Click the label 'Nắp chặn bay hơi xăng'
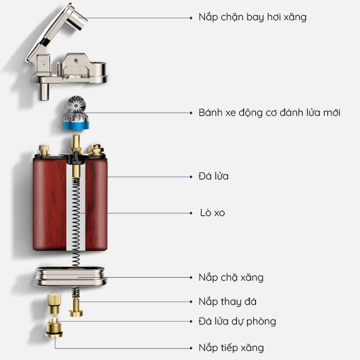click(253, 17)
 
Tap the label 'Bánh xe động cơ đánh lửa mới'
click(269, 112)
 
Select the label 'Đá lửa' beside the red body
click(214, 176)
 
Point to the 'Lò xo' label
click(213, 213)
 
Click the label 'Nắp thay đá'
click(227, 301)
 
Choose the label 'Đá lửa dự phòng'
click(237, 321)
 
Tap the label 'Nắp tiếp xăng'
click(231, 348)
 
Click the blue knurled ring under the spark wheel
click(76, 125)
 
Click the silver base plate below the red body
click(71, 276)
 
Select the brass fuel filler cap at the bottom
click(54, 327)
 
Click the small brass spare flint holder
click(54, 304)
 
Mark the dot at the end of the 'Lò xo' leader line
click(191, 213)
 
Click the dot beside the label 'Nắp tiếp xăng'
click(191, 348)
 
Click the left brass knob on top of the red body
click(44, 150)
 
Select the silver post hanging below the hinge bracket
click(44, 91)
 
